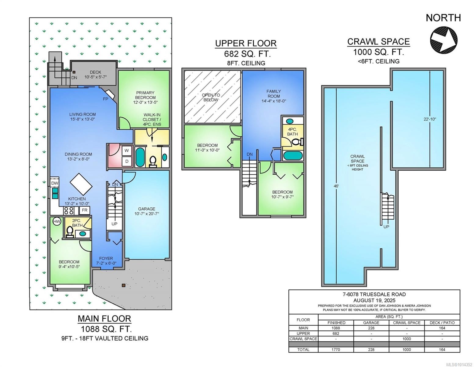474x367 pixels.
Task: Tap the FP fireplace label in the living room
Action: point(105,99)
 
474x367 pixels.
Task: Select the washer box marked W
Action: point(127,150)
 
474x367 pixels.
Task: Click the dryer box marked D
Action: point(127,161)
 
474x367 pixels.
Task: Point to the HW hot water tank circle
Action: point(57,222)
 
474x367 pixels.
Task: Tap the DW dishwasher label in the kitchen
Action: point(55,183)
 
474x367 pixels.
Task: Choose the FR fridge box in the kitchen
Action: point(85,210)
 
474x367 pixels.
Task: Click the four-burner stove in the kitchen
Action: point(68,211)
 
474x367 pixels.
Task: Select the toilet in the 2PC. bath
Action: point(70,232)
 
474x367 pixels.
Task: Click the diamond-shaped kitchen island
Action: point(81,184)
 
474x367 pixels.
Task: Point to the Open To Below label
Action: point(211,97)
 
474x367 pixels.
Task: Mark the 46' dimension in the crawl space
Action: point(336,186)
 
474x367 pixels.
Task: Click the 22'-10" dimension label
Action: point(430,119)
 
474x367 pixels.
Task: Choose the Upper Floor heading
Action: point(246,43)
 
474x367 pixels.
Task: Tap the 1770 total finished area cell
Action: point(336,350)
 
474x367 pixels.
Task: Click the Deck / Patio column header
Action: point(442,323)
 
